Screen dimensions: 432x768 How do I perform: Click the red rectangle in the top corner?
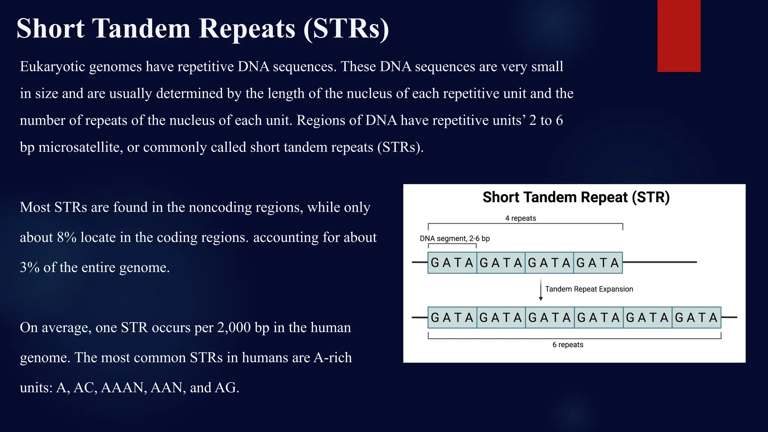point(679,36)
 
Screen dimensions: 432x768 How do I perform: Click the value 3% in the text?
point(30,268)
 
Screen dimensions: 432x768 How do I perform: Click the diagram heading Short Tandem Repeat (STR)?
point(576,197)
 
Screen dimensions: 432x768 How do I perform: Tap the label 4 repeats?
point(520,218)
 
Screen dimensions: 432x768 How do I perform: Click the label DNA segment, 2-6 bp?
point(454,238)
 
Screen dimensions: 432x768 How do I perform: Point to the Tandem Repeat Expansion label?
point(589,289)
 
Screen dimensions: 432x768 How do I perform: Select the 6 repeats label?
point(568,345)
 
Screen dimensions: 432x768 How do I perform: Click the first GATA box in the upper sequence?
point(452,262)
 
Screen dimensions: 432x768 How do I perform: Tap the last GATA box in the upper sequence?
point(598,262)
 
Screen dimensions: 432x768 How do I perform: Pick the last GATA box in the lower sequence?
point(696,318)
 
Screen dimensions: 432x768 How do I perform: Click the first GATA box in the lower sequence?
point(452,318)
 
